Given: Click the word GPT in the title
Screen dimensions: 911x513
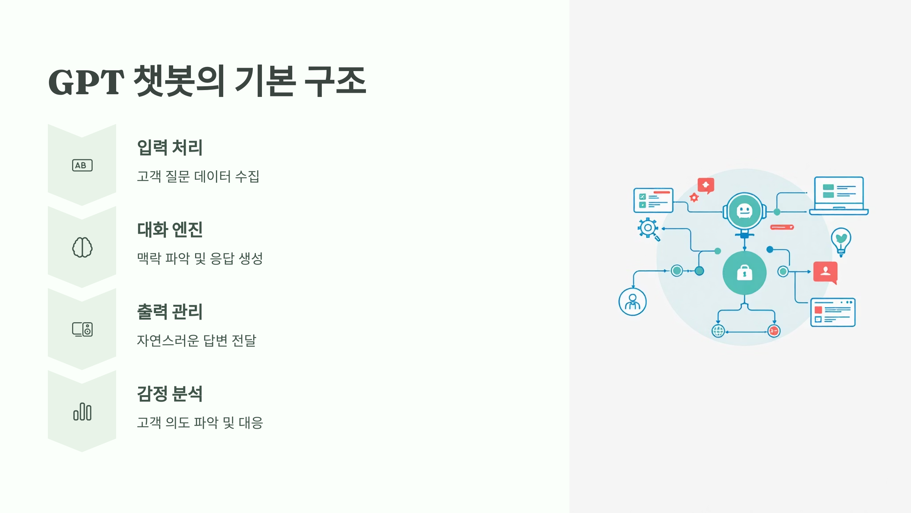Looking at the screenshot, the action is (x=86, y=82).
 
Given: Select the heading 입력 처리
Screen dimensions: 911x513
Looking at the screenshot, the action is (x=170, y=147).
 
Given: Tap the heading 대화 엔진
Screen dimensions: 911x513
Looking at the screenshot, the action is (x=170, y=230).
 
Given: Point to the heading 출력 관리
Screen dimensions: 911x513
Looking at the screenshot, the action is (x=170, y=312).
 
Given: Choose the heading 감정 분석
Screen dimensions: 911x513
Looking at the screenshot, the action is (x=170, y=394).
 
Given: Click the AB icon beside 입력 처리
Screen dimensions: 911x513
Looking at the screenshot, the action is (x=82, y=165).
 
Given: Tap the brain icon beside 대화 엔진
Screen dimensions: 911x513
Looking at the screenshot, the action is (x=82, y=247).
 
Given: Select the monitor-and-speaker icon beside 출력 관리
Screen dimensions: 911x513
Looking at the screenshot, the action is (x=82, y=329).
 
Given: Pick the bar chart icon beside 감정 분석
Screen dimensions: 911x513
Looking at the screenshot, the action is (x=82, y=412).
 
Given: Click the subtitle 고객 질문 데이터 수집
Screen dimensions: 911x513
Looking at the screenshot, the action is (x=198, y=176).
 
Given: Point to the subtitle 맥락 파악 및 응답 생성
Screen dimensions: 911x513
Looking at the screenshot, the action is (x=200, y=258).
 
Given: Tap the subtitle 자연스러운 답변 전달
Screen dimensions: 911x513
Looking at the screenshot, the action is (x=196, y=340).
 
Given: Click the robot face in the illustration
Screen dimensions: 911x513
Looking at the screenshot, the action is (x=744, y=210).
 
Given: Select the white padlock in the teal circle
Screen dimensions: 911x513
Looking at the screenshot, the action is (x=744, y=273).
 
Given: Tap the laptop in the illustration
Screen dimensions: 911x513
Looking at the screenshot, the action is (x=839, y=196).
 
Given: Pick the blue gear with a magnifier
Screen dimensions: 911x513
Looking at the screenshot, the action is (x=648, y=229).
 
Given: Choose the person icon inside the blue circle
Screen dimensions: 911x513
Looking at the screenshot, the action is (x=632, y=302).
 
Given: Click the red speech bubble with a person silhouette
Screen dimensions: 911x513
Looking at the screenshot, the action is (x=826, y=272).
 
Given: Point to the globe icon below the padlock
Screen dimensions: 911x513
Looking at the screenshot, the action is (x=718, y=331).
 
